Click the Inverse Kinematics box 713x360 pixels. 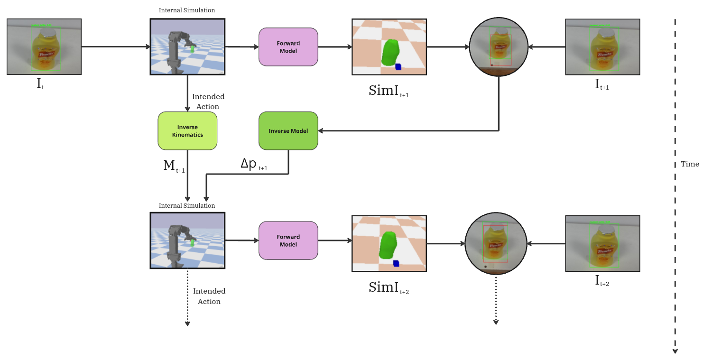tap(187, 131)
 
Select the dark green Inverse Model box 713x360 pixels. tap(288, 131)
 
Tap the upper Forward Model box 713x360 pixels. tap(288, 47)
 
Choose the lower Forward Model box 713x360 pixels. tap(288, 240)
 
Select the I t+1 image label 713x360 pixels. tap(602, 85)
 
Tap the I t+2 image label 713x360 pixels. tap(602, 281)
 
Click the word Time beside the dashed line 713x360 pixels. tap(690, 164)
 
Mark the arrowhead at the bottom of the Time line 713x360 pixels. tap(675, 351)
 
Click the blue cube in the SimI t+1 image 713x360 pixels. tap(398, 67)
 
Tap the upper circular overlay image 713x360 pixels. tap(498, 47)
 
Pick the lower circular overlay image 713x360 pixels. tap(495, 244)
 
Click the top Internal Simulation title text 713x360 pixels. tap(187, 10)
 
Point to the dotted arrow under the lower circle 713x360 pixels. tap(496, 302)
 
